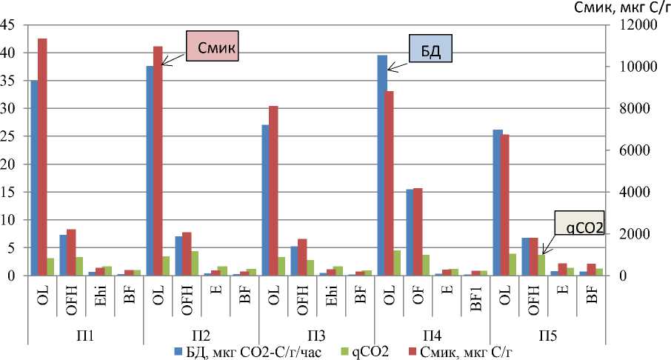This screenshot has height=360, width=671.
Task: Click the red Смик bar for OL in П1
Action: pyautogui.click(x=43, y=156)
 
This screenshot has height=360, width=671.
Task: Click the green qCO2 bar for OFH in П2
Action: pyautogui.click(x=194, y=263)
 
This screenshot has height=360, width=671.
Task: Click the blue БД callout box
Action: pyautogui.click(x=430, y=52)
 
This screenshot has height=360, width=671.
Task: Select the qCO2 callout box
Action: pyautogui.click(x=581, y=226)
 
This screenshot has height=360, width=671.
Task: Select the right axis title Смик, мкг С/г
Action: pyautogui.click(x=611, y=7)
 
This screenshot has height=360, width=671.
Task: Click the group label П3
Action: pyautogui.click(x=317, y=336)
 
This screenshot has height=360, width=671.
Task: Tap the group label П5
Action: pyautogui.click(x=548, y=336)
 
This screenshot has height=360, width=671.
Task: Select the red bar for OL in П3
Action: pyautogui.click(x=274, y=190)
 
